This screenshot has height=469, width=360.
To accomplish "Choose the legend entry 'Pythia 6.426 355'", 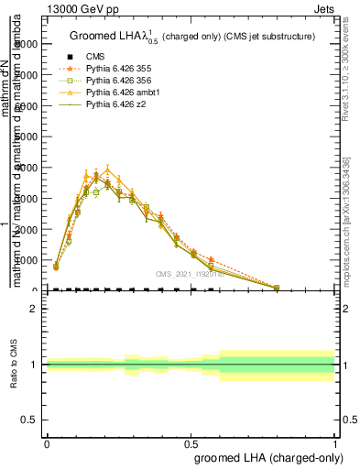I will (x=124, y=68).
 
